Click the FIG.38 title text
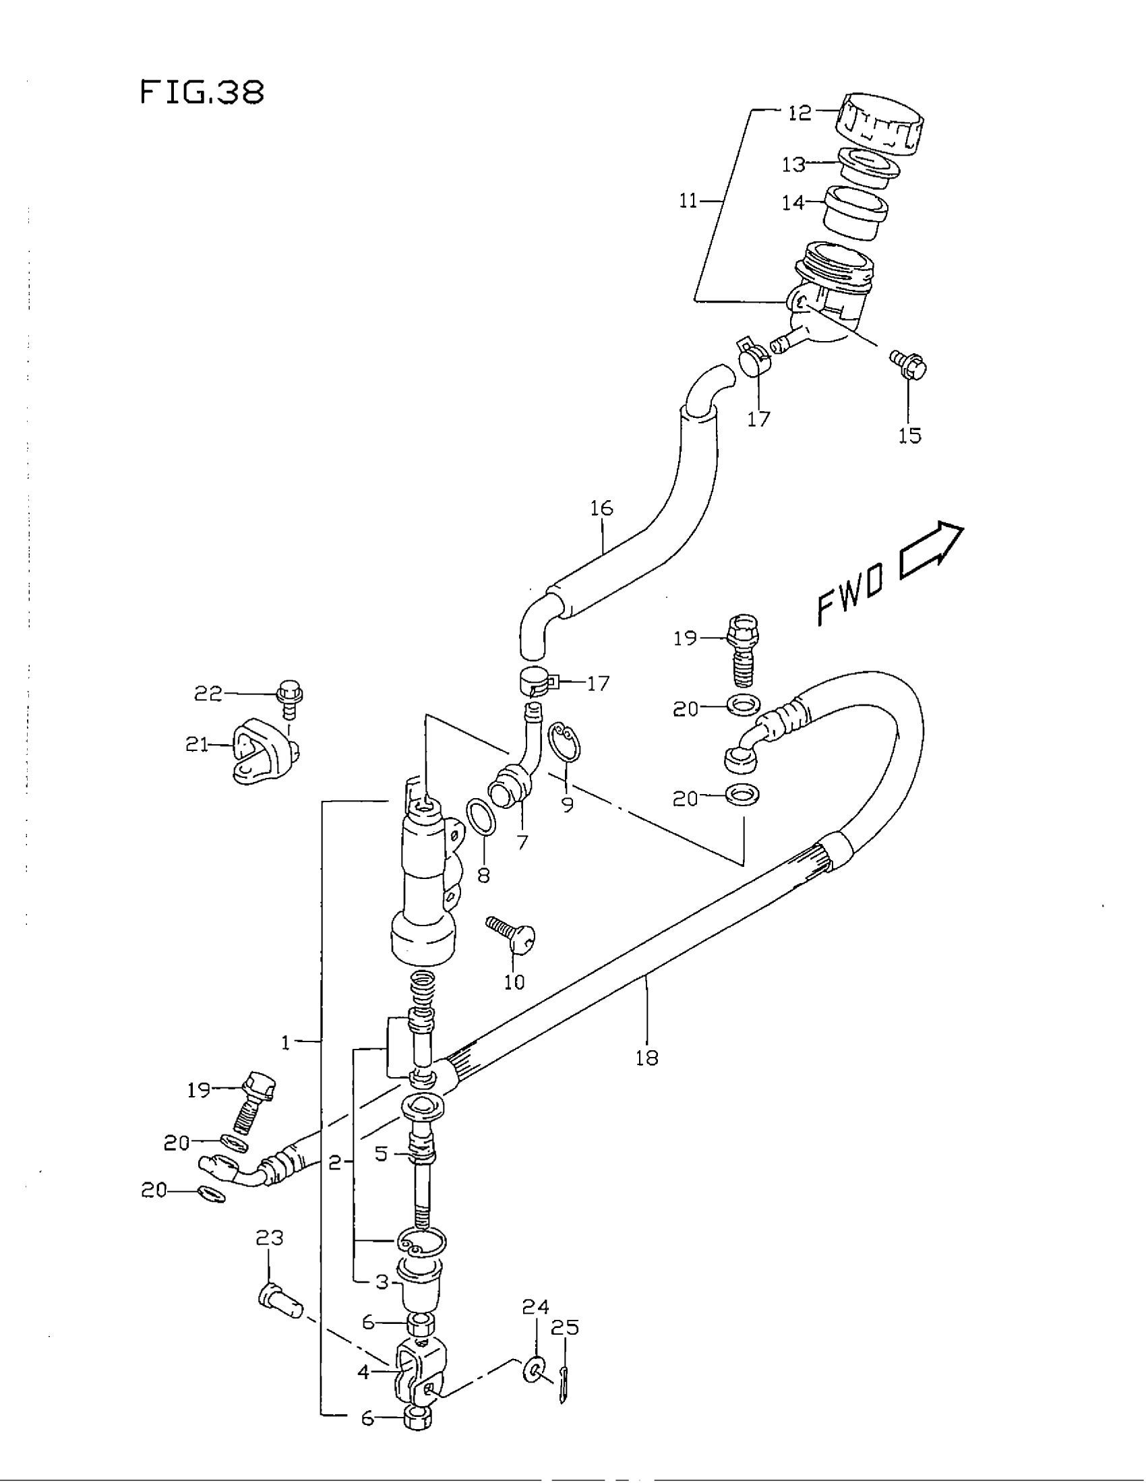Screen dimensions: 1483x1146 [202, 92]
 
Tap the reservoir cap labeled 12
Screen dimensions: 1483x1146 [880, 124]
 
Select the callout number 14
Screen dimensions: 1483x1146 [793, 202]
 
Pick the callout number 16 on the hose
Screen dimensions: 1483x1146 [601, 508]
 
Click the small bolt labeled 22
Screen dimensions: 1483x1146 [290, 699]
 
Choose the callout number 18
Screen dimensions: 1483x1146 [647, 1057]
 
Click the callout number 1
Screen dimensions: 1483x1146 [286, 1042]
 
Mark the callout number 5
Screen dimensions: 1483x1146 [382, 1153]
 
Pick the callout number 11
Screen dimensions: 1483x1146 [688, 201]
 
